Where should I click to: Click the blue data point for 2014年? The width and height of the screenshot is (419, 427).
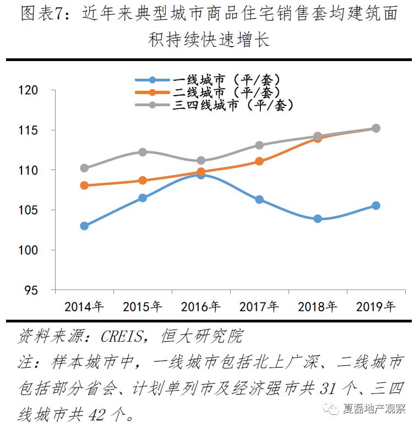(84, 226)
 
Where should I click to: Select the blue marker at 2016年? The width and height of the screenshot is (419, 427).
(201, 174)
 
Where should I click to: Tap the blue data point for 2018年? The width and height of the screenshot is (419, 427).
(318, 218)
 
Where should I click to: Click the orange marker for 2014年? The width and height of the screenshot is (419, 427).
(84, 185)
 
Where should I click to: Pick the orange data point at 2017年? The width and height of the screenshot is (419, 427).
(259, 161)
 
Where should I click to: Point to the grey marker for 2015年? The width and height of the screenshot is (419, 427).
(143, 152)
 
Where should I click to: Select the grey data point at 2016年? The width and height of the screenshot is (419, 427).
(201, 161)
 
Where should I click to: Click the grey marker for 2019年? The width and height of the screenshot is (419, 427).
(376, 128)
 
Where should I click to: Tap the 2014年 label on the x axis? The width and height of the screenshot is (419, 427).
(84, 306)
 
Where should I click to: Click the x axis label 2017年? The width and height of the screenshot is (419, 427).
(259, 306)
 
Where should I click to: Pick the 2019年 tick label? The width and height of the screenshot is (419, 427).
(376, 306)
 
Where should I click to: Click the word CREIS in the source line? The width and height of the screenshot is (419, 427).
(125, 336)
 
